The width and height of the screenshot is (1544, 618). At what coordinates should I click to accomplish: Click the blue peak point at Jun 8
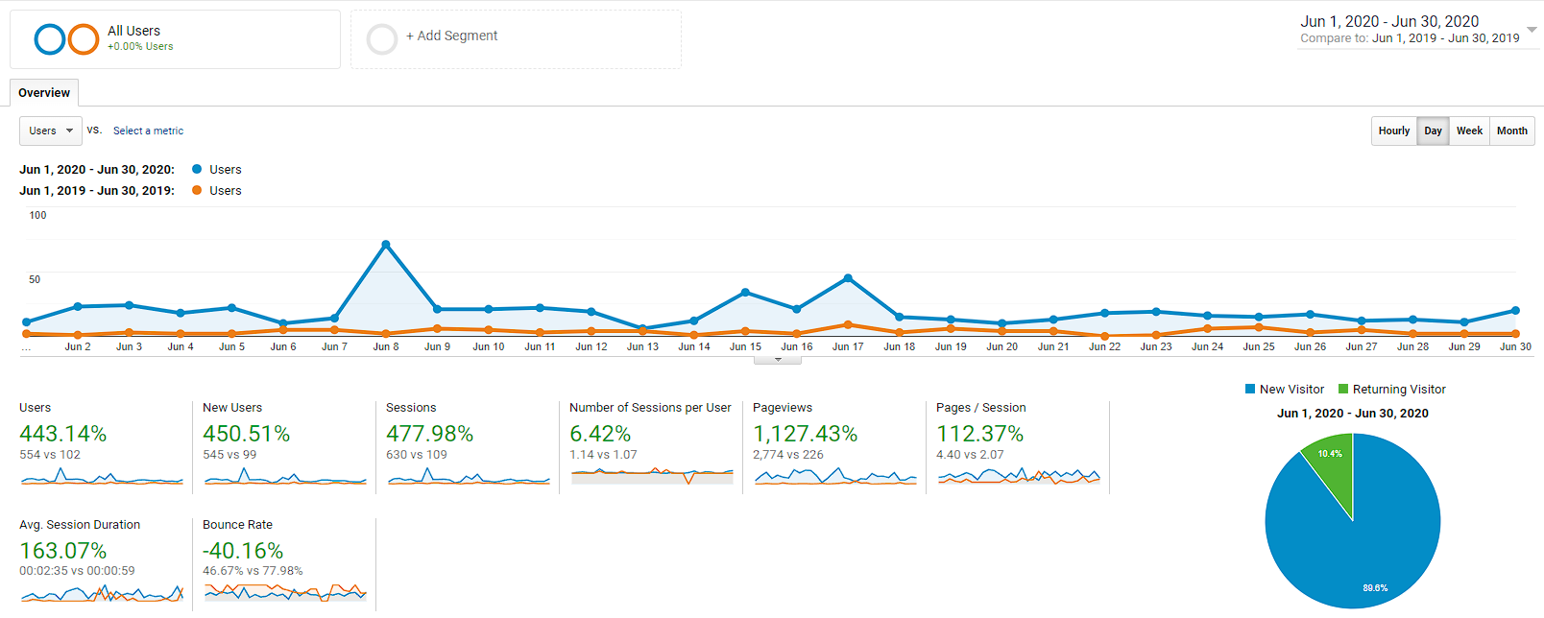pos(386,245)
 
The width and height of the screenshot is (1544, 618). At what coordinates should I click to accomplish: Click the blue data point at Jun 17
pos(848,278)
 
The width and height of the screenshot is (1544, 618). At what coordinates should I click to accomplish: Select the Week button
pos(1469,131)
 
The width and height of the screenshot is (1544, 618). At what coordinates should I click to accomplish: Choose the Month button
pos(1511,131)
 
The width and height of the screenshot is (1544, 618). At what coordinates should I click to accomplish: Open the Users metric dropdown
pos(51,131)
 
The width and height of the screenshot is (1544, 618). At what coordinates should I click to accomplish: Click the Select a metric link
pos(148,131)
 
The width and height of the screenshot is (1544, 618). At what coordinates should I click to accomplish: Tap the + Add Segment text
pos(451,36)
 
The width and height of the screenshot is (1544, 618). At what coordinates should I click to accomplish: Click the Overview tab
pos(44,93)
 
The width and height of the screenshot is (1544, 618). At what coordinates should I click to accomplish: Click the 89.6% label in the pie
pos(1375,587)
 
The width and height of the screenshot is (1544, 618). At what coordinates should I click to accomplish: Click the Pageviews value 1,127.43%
pos(805,434)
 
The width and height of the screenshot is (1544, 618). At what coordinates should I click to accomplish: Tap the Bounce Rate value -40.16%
pos(243,551)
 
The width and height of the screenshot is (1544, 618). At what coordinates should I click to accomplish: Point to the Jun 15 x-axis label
pos(745,346)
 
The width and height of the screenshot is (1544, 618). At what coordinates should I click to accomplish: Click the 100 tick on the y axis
pos(37,215)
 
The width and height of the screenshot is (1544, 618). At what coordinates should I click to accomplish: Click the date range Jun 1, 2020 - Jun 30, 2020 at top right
pos(1388,21)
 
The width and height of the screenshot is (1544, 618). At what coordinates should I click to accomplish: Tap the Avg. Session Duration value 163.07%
pos(62,551)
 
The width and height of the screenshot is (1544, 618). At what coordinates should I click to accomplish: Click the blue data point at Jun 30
pos(1515,311)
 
